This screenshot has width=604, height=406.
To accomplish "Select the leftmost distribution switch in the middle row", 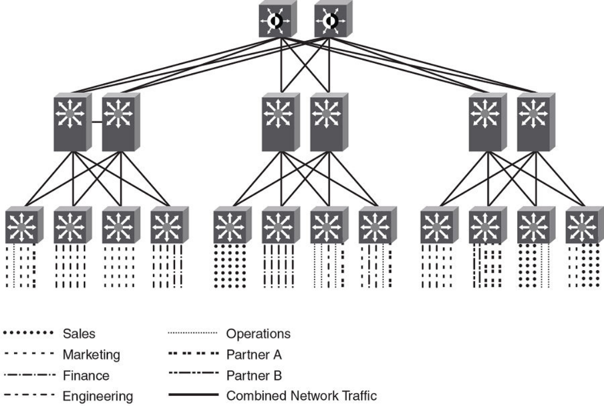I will coord(71,121).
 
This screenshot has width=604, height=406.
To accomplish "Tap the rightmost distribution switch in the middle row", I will coord(535,121).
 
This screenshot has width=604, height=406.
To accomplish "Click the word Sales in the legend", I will coord(79,334).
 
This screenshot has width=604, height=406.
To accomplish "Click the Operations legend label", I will coord(258,334).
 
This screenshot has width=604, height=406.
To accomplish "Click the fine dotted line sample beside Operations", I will coord(191,334).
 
